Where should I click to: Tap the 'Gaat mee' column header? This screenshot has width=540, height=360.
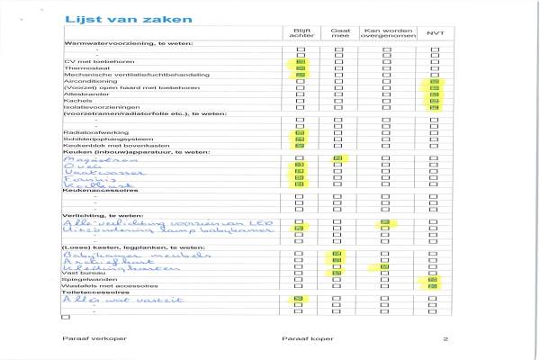(x=340, y=33)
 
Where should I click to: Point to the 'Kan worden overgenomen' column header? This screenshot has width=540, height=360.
(x=388, y=33)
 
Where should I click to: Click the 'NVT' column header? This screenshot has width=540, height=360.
(x=436, y=33)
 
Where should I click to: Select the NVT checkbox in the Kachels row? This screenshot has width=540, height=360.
(x=436, y=100)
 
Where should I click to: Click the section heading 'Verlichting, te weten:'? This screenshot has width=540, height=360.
(x=100, y=216)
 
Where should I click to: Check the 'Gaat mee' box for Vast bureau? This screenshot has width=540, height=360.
(x=340, y=273)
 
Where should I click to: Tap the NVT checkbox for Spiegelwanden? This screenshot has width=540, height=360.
(x=436, y=280)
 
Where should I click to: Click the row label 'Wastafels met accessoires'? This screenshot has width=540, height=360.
(x=100, y=286)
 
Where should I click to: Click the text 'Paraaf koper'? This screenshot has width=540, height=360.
(x=301, y=339)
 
